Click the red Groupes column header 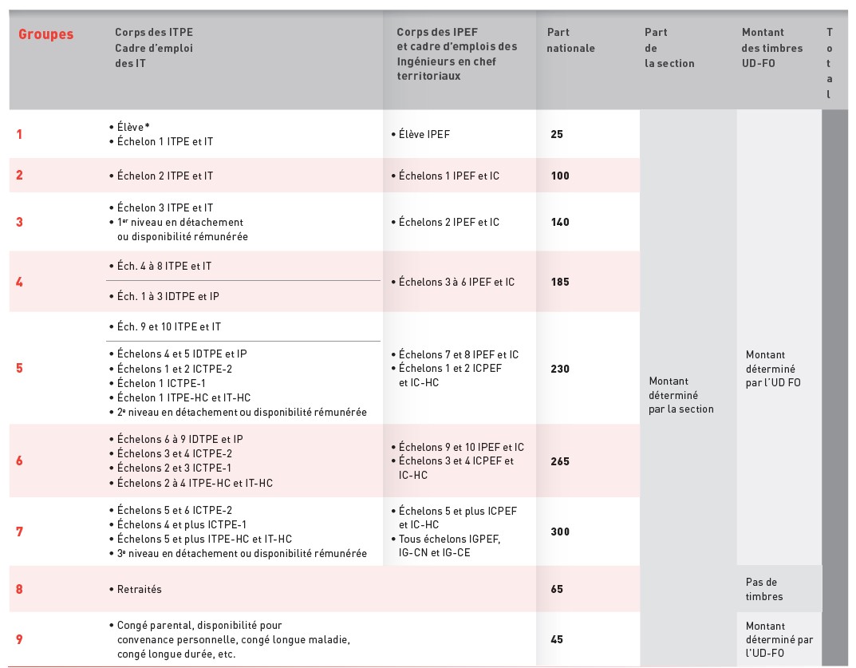tap(45, 34)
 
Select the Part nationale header tap(570, 41)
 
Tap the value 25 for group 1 tap(557, 134)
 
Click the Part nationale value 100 tap(560, 176)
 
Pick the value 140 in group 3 tap(560, 222)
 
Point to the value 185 tap(560, 282)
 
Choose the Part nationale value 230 tap(560, 369)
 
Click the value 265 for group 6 tap(560, 461)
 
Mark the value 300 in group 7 tap(560, 532)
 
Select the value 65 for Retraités tap(557, 589)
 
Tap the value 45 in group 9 tap(557, 638)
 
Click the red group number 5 tap(20, 369)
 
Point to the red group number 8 tap(20, 589)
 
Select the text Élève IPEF tap(424, 134)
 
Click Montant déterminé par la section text tap(680, 395)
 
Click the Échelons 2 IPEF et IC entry tap(448, 222)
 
